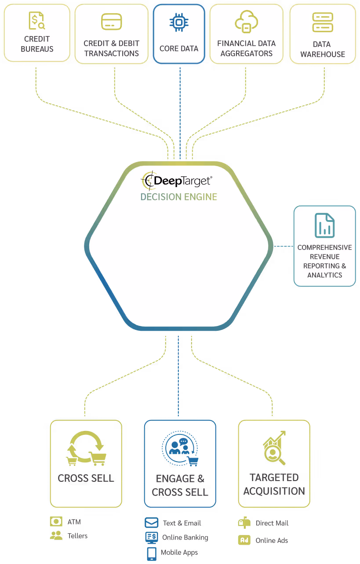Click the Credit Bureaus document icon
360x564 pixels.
(36, 20)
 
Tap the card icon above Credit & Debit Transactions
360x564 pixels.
(111, 22)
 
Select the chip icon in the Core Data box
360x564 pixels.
(178, 22)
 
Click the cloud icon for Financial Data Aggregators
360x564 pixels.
(246, 21)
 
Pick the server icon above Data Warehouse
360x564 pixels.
(323, 22)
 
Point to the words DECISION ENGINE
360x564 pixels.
(178, 197)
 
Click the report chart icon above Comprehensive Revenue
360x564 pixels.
(324, 225)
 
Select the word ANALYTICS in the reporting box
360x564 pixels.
(324, 275)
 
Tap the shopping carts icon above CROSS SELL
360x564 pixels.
(86, 448)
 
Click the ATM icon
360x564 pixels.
(56, 522)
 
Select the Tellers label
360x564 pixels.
(77, 536)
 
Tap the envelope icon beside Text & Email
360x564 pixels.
(151, 523)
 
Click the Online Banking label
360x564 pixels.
(185, 537)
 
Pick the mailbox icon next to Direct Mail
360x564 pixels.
(244, 523)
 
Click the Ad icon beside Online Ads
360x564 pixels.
(244, 540)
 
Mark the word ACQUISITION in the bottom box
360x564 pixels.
(274, 491)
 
